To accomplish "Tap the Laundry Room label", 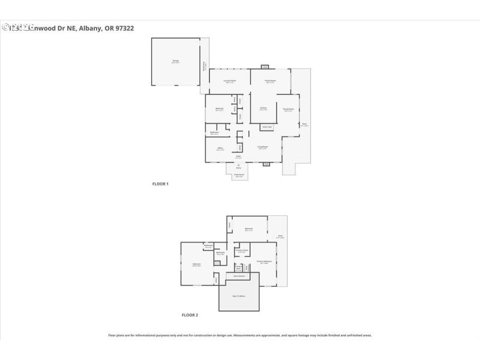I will click(x=229, y=81).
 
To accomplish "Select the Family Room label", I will click(x=271, y=81).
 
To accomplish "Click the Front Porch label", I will click(x=239, y=176).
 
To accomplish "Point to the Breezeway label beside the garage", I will click(x=205, y=65).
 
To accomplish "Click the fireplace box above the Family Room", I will click(x=265, y=67).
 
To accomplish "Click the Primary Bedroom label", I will click(x=264, y=262).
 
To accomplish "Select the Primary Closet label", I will click(x=241, y=251).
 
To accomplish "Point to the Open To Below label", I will click(x=239, y=296).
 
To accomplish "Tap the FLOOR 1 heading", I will click(x=160, y=184).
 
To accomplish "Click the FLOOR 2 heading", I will click(x=190, y=314).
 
